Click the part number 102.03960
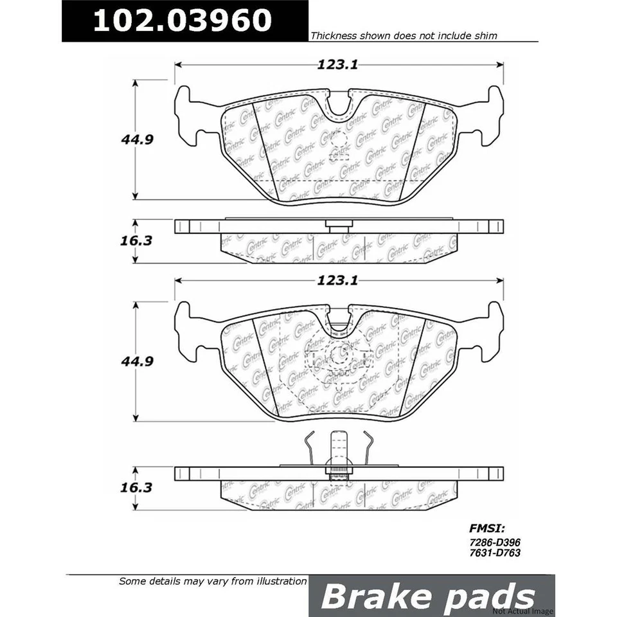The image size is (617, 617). pyautogui.click(x=183, y=21)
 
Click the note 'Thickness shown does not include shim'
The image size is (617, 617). pyautogui.click(x=404, y=37)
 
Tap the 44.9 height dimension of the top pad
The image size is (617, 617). pyautogui.click(x=136, y=139)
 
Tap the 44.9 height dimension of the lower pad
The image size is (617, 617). pyautogui.click(x=136, y=361)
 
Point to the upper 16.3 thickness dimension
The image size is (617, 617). pyautogui.click(x=136, y=241)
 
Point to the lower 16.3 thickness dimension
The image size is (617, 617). pyautogui.click(x=136, y=488)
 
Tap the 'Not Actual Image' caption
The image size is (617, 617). pyautogui.click(x=521, y=611)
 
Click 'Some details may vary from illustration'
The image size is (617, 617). pyautogui.click(x=213, y=581)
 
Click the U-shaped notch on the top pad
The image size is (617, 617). pyautogui.click(x=339, y=104)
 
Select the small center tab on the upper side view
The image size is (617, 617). pyautogui.click(x=339, y=226)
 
